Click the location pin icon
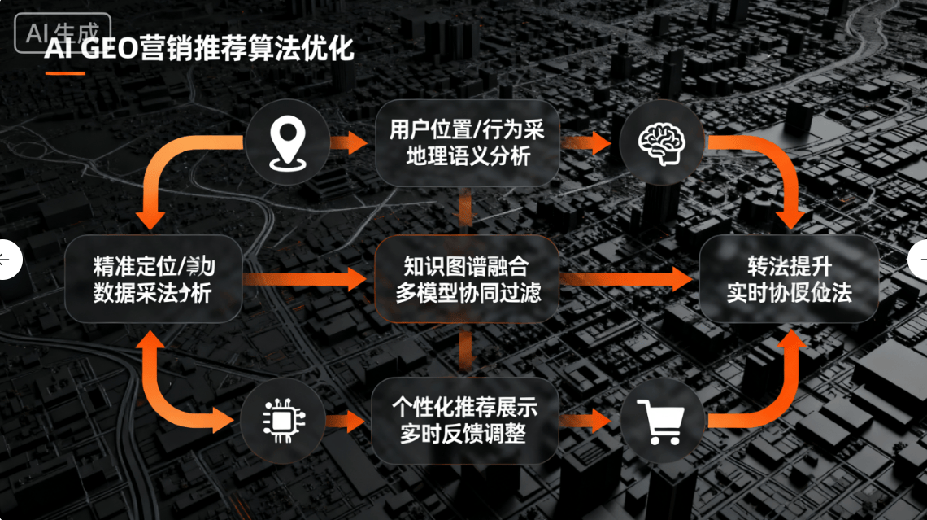287,144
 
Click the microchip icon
281,420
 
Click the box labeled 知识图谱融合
467,279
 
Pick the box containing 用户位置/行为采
467,142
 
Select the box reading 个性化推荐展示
465,420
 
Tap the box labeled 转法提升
789,279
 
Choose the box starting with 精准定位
154,279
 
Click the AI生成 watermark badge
62,33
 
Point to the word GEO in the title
110,49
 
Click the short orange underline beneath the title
65,73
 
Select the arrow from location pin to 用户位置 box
350,143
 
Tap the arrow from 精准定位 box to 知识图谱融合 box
305,279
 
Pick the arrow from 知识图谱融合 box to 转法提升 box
626,279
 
